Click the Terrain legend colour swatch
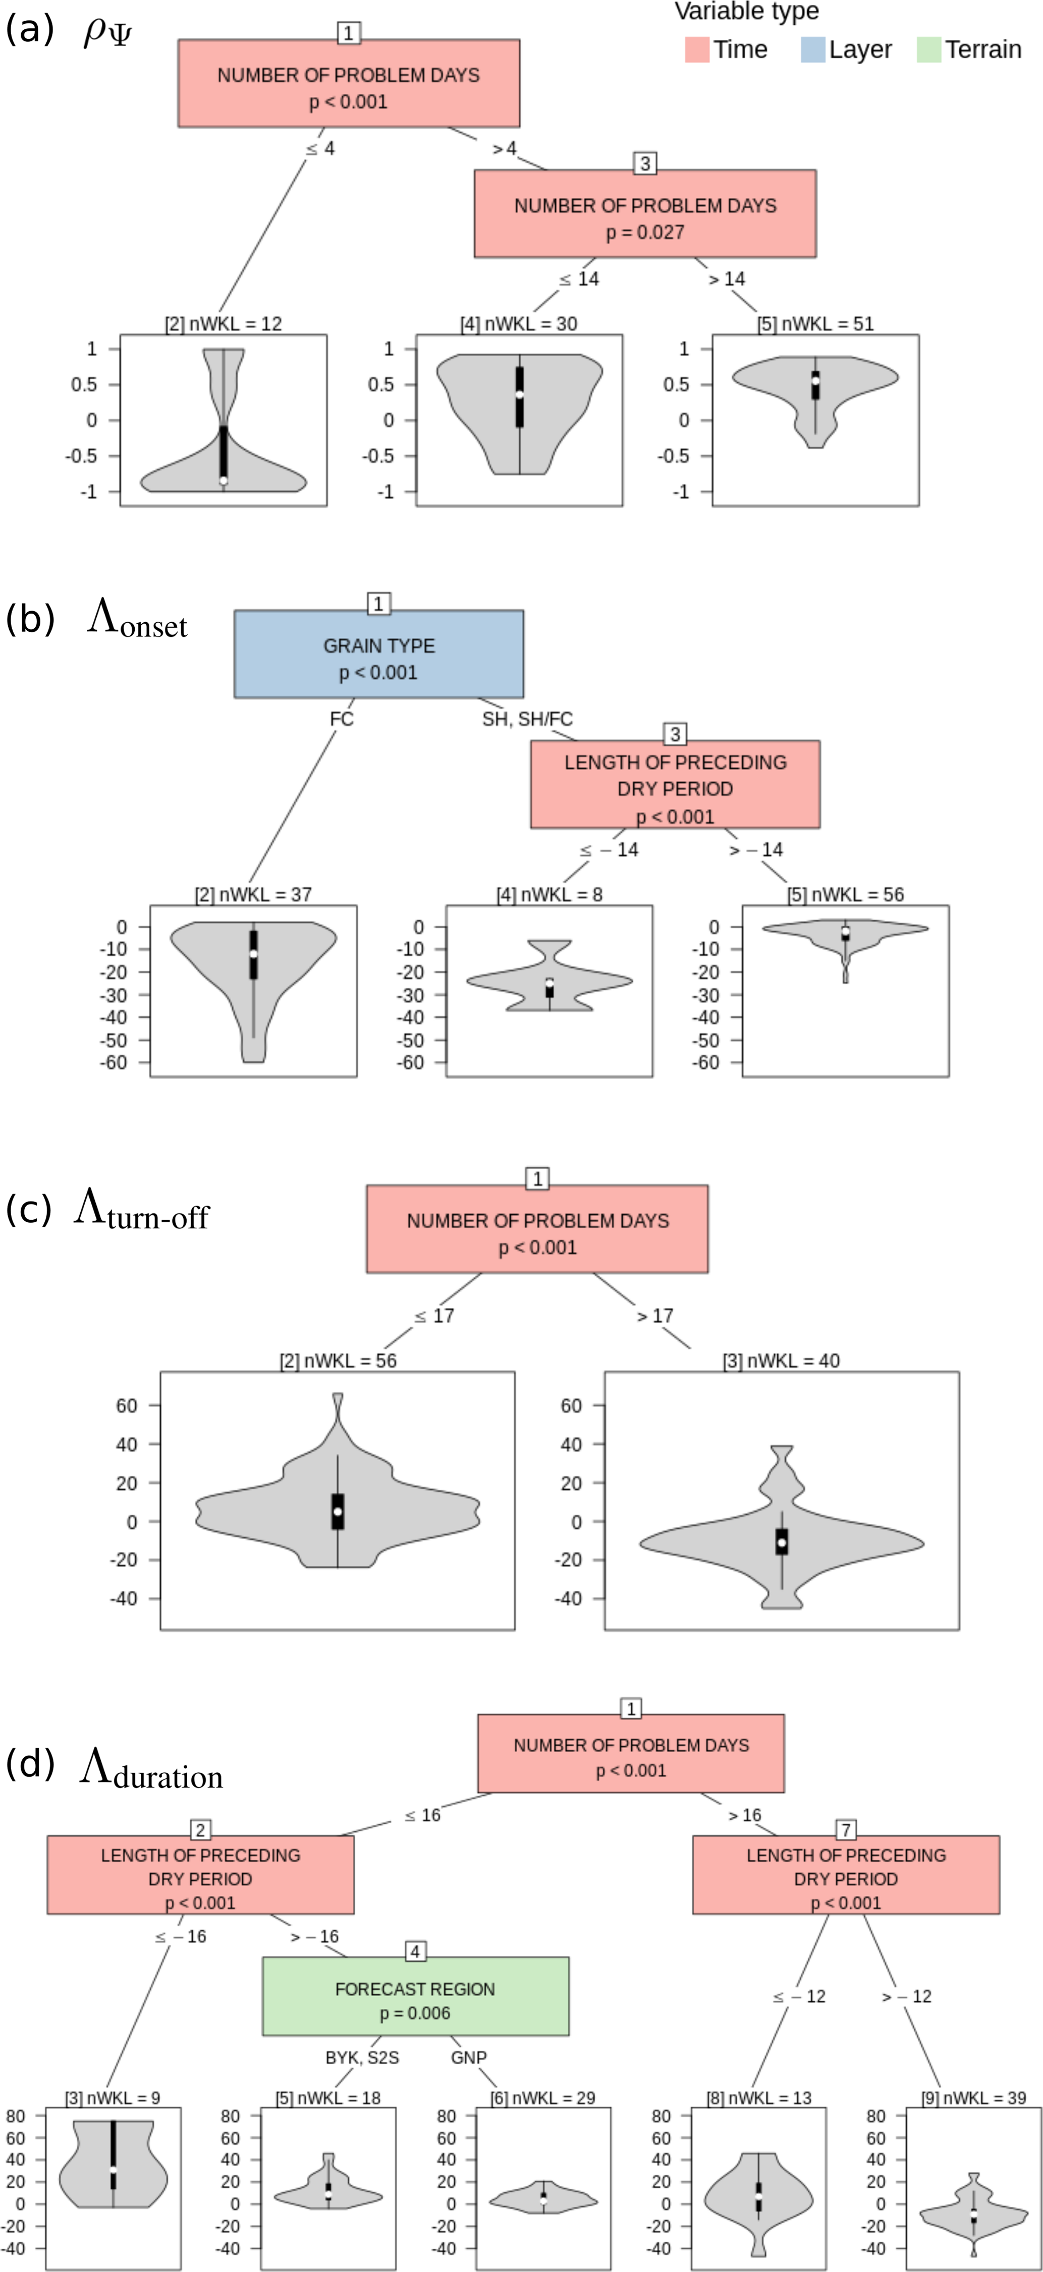pos(929,49)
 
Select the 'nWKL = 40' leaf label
pos(781,1361)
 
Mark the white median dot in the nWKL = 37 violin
pos(253,953)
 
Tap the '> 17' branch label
pos(655,1316)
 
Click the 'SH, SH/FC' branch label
pos(527,719)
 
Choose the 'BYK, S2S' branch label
pos(362,2058)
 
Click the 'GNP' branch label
pos(469,2058)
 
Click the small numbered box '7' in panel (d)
pos(845,1830)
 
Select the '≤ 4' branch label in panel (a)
pos(320,148)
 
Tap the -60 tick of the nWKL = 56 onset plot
pos(707,1063)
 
